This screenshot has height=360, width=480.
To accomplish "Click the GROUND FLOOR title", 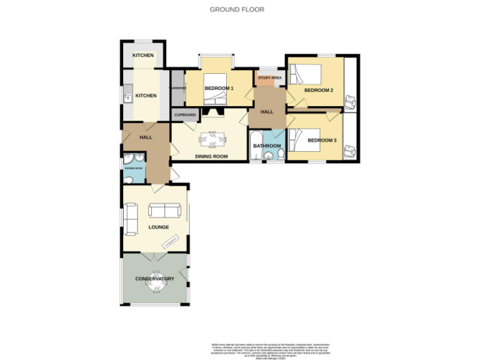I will click(x=237, y=9).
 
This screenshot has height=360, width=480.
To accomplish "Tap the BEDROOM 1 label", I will click(x=219, y=88).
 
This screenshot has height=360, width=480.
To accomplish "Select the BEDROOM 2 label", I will click(x=318, y=90).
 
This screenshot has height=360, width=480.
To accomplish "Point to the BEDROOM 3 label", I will click(x=322, y=141).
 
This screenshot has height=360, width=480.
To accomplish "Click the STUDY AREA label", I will click(x=269, y=78).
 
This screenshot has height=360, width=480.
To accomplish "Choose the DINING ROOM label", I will click(x=211, y=156).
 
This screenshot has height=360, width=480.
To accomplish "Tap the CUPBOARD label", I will click(x=185, y=115).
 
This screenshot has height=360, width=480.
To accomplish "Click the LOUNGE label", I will click(x=158, y=227).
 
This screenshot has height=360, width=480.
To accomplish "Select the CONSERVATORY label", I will click(x=154, y=279).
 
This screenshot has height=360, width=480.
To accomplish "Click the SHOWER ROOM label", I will click(x=133, y=168).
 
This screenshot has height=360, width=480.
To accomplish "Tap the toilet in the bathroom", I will click(x=281, y=154).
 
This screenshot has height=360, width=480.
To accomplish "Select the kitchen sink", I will click(x=127, y=97).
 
